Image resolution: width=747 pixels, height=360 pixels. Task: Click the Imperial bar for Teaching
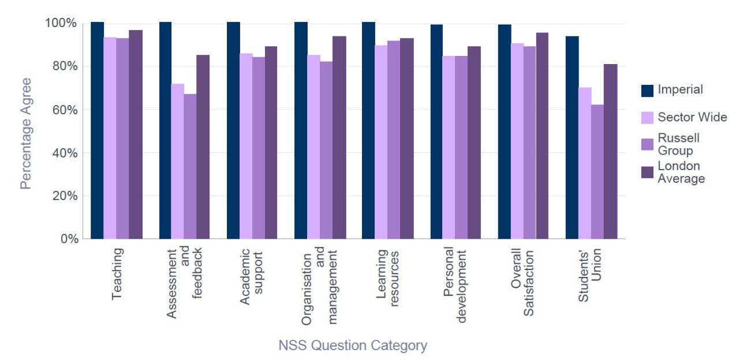tap(97, 130)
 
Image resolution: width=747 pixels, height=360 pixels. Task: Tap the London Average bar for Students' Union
tap(611, 151)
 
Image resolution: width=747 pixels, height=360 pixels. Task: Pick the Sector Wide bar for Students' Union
tap(585, 163)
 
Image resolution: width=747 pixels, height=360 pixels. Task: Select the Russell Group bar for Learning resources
tap(394, 140)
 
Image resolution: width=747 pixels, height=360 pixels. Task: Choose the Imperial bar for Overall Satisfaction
tap(505, 132)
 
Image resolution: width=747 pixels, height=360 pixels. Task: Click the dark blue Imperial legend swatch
tap(647, 90)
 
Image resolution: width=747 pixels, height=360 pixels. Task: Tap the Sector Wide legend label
tap(692, 118)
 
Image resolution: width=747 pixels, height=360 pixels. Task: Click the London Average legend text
tap(681, 172)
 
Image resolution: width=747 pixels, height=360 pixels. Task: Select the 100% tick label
tap(61, 23)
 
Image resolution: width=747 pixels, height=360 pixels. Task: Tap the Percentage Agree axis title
tap(25, 133)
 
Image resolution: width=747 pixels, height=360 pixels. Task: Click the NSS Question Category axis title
tap(353, 346)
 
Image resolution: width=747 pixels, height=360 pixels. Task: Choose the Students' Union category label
tap(590, 275)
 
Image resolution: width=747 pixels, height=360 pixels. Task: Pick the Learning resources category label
tap(387, 275)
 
